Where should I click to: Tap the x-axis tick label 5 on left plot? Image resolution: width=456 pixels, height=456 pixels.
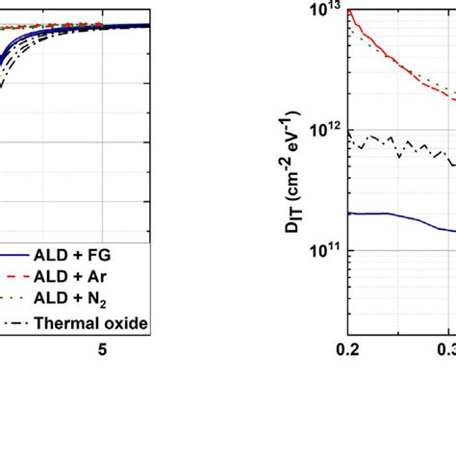102,350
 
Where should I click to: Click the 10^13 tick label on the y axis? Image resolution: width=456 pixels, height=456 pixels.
317,12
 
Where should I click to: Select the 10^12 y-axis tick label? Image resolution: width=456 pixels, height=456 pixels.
317,131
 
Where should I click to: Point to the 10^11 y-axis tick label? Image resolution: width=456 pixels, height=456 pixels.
317,250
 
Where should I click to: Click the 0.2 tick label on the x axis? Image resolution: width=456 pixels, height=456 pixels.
347,350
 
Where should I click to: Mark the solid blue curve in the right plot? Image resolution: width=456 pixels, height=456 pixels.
404,220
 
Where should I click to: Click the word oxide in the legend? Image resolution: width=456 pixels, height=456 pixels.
127,323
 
